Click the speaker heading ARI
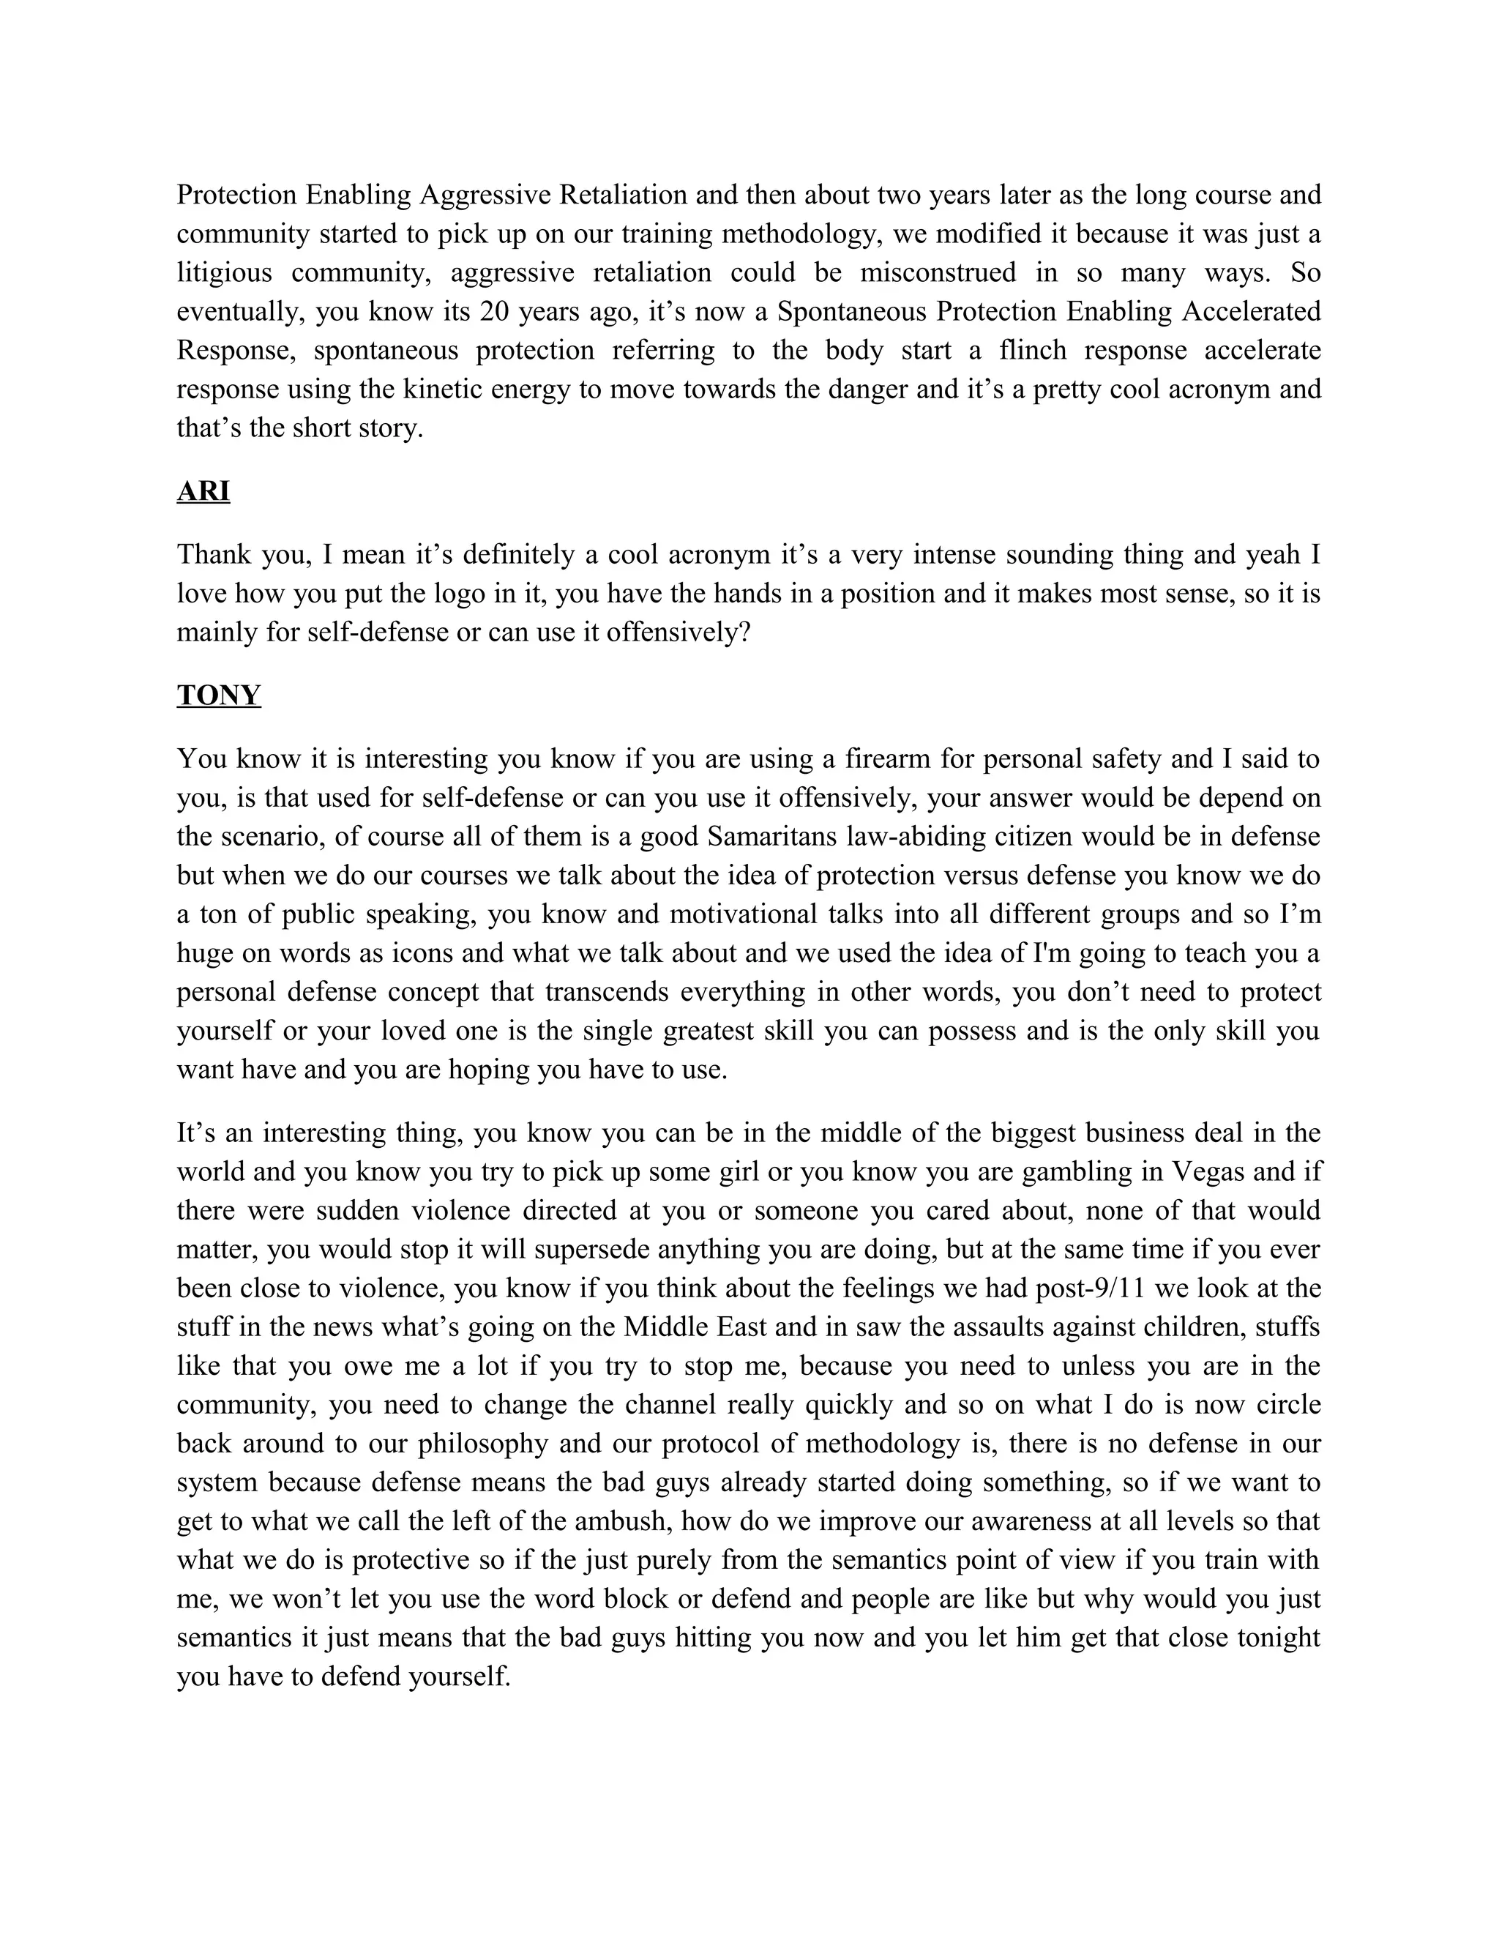pyautogui.click(x=203, y=491)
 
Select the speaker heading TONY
pyautogui.click(x=218, y=695)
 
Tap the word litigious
pyautogui.click(x=224, y=273)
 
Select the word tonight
pyautogui.click(x=1268, y=1638)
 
